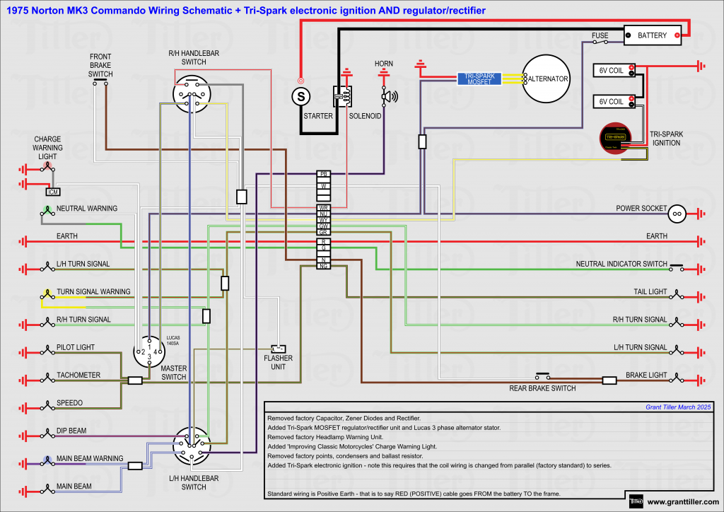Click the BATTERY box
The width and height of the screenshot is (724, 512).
[652, 35]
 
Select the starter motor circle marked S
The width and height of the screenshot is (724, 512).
[301, 94]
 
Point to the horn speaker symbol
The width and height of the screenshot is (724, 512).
[388, 95]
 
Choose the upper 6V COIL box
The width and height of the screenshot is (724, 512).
[612, 70]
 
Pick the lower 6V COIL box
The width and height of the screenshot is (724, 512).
[612, 101]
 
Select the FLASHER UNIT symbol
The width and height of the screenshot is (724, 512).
[279, 349]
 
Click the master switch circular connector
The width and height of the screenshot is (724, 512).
[149, 351]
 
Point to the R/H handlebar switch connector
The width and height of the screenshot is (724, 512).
[192, 94]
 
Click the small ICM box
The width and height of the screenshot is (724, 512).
[52, 192]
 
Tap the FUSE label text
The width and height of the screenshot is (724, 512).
[600, 35]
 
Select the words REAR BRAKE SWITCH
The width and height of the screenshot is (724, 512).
[542, 388]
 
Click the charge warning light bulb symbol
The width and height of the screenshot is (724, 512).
[47, 168]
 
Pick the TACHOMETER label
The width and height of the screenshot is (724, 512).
[78, 376]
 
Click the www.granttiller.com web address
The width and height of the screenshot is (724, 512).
[682, 503]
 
